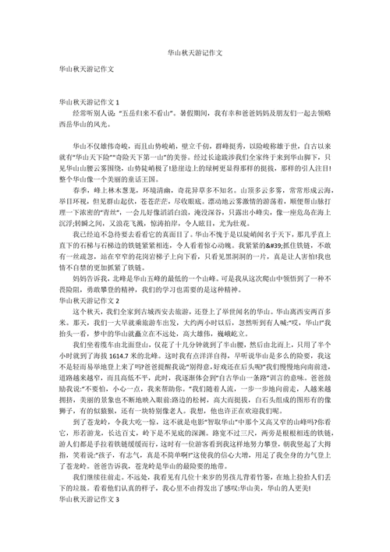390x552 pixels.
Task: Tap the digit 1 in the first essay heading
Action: click(118, 102)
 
